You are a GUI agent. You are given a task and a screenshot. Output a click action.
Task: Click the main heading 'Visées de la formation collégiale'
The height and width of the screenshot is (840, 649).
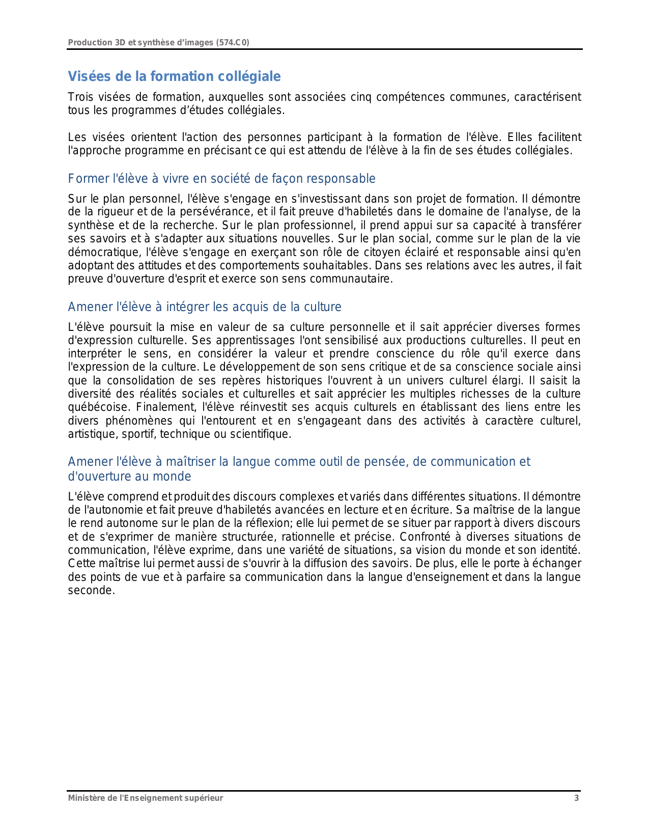pyautogui.click(x=174, y=76)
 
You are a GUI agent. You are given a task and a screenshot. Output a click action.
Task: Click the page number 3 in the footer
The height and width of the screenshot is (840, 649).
pyautogui.click(x=576, y=798)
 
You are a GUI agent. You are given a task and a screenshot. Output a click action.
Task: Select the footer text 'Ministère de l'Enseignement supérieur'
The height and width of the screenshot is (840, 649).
pyautogui.click(x=146, y=798)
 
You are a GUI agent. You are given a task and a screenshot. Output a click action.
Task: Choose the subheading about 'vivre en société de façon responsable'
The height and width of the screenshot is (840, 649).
pyautogui.click(x=221, y=179)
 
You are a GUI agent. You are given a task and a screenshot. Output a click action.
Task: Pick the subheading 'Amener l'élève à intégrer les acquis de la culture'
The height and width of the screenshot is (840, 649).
pyautogui.click(x=205, y=307)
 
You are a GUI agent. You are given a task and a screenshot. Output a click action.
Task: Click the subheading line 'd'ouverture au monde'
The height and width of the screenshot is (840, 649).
pyautogui.click(x=129, y=477)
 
